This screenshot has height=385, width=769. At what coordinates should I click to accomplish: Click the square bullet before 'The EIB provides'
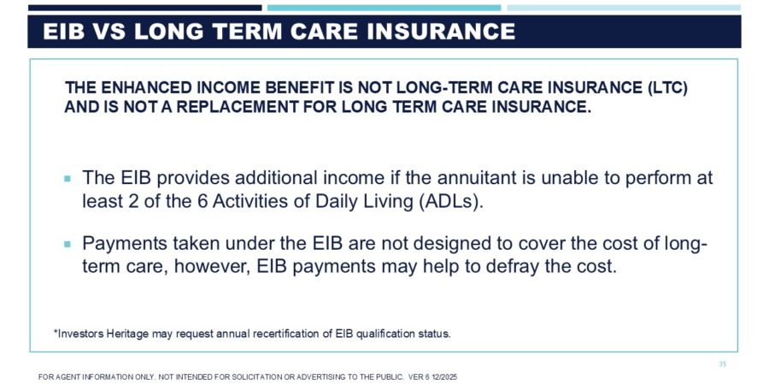click(x=68, y=179)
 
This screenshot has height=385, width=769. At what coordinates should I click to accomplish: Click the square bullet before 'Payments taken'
click(x=68, y=244)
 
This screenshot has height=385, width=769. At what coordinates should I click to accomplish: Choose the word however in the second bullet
click(x=211, y=266)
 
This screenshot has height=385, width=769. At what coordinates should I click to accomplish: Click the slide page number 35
click(x=722, y=364)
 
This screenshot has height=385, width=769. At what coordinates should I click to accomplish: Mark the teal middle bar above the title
click(x=384, y=8)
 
